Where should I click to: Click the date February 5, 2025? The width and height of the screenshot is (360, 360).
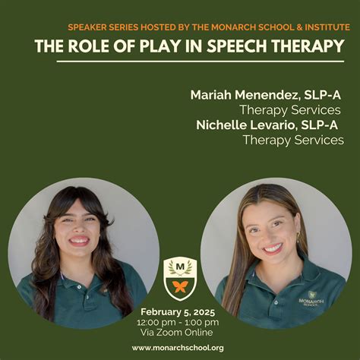[178, 311]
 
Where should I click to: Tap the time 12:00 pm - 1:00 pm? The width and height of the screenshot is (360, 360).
[178, 322]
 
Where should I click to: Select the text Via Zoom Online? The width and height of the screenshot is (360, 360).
[178, 332]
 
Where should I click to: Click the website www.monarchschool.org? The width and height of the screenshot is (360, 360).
[178, 347]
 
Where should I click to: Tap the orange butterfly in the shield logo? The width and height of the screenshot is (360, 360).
[180, 286]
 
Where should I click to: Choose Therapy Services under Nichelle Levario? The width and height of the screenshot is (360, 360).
[293, 140]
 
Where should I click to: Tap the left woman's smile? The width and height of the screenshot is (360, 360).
[79, 241]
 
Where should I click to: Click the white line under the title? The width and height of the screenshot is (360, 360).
[190, 61]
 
